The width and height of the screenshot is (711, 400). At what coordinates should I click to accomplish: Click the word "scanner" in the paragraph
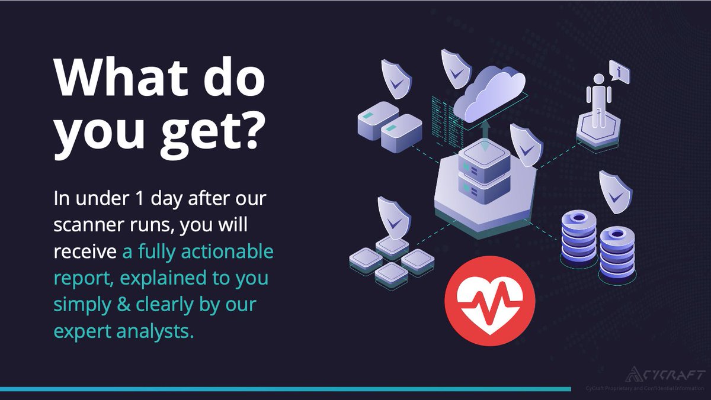click(x=94, y=224)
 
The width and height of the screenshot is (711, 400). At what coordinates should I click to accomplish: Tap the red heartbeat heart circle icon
click(x=490, y=301)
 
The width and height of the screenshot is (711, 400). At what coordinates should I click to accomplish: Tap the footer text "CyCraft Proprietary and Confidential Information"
click(x=639, y=388)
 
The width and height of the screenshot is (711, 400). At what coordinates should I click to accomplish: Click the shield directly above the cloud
click(x=455, y=66)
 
